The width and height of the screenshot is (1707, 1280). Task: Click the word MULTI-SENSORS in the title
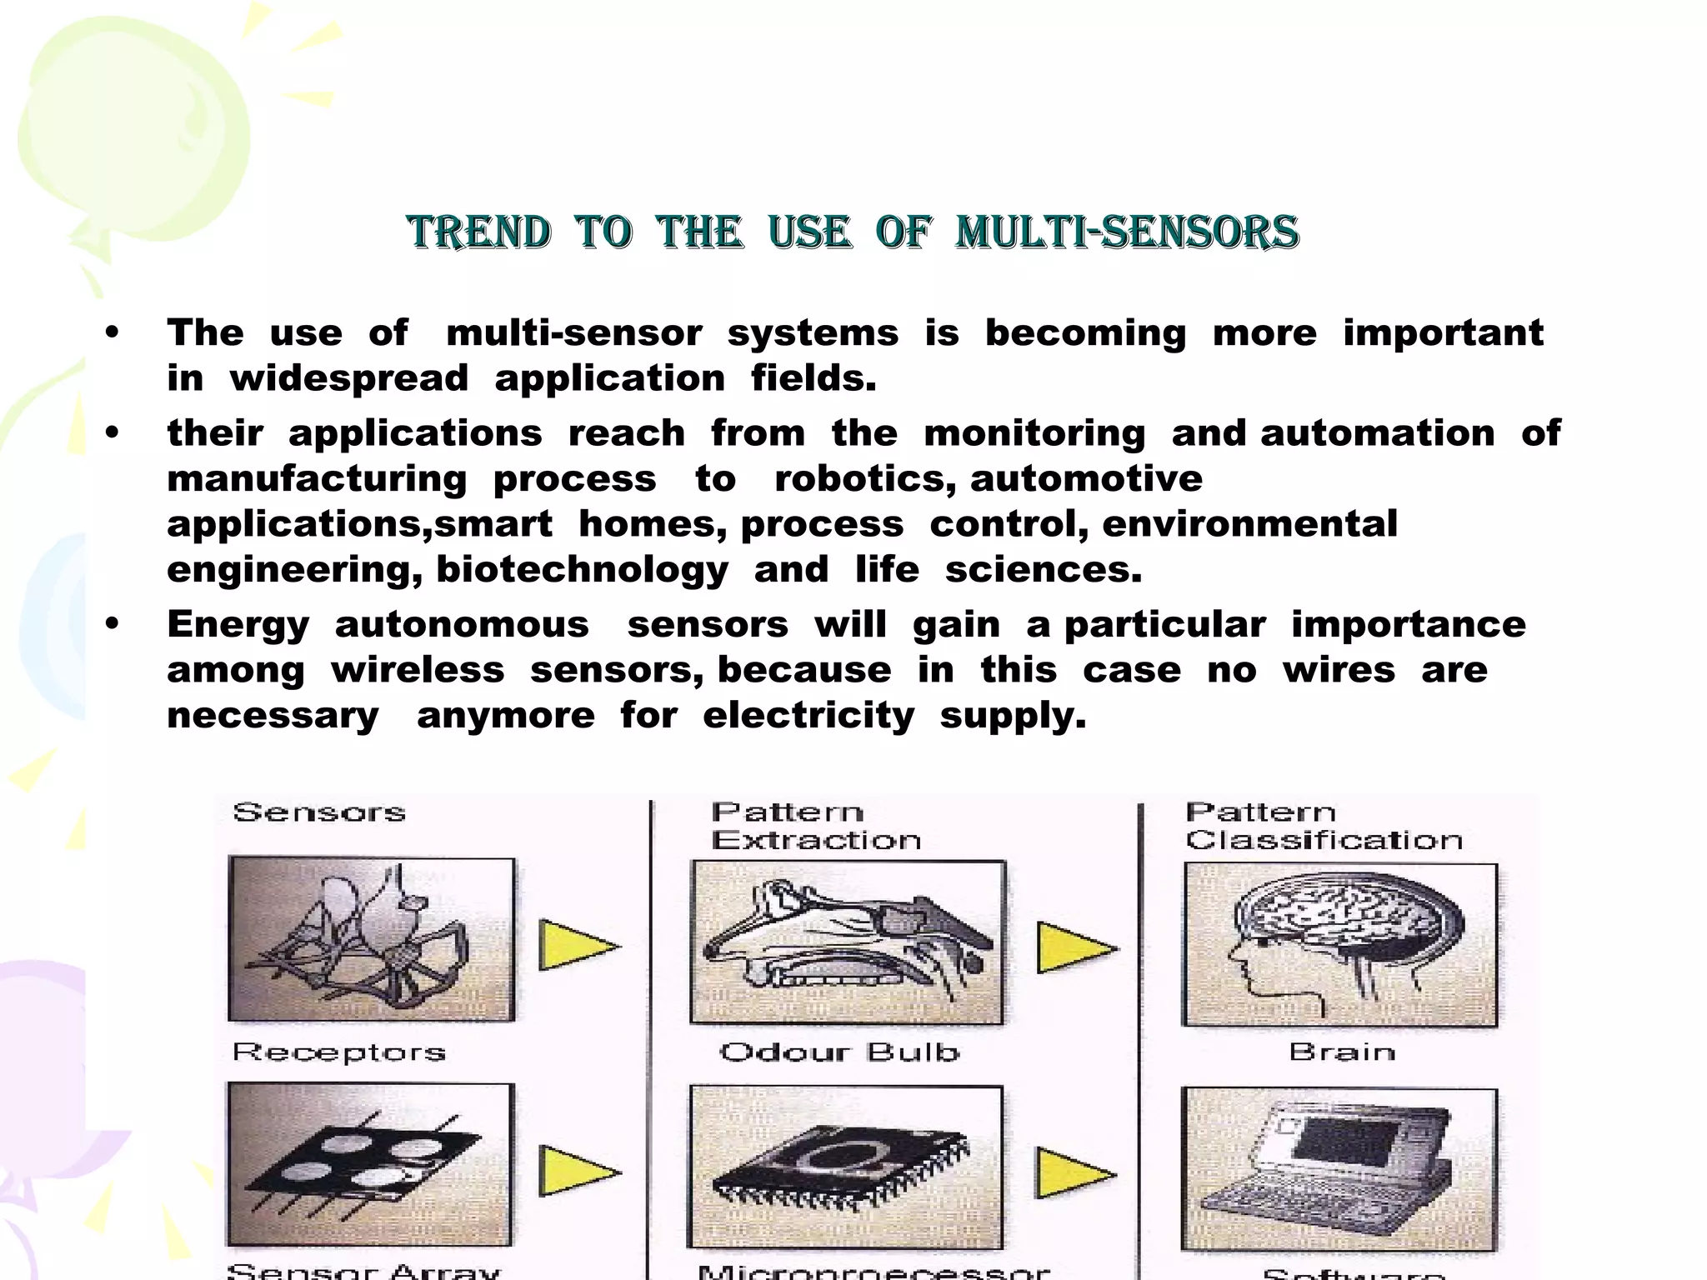[x=1127, y=232]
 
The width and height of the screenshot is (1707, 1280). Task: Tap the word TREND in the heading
[x=479, y=232]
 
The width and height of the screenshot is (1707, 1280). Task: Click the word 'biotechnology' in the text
[x=582, y=571]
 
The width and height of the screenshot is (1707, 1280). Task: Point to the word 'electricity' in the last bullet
[x=808, y=716]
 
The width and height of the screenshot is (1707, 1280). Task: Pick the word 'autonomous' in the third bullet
[x=462, y=625]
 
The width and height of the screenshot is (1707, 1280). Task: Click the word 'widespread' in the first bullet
[x=349, y=379]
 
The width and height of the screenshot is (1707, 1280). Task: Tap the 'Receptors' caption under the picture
[x=338, y=1052]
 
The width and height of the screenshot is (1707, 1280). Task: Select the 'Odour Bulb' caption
[x=839, y=1052]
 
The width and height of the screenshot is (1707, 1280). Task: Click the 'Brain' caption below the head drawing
[x=1342, y=1052]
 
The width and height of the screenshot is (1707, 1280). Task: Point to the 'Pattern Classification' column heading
[x=1324, y=826]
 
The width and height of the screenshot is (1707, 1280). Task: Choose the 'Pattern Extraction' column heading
[x=815, y=826]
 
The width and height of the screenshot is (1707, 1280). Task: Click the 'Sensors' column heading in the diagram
[x=319, y=812]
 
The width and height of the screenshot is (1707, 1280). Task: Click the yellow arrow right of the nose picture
[x=1074, y=947]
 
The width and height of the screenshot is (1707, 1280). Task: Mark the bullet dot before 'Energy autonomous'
[x=113, y=624]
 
